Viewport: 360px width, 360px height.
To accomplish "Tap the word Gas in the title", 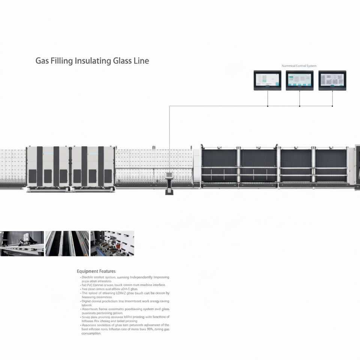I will pos(42,61).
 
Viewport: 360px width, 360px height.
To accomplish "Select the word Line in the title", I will pos(141,61).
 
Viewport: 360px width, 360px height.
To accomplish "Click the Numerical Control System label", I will pos(299,66).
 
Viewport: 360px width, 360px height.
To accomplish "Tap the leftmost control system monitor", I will pos(267,80).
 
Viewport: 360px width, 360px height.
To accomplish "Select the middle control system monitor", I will pos(299,80).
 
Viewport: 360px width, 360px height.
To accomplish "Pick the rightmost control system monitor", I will pos(332,80).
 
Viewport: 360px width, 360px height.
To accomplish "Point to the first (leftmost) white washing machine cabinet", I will pos(48,167).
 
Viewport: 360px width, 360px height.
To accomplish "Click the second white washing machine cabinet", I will pos(93,167).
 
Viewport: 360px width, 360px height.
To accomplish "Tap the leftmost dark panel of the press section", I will pos(219,165).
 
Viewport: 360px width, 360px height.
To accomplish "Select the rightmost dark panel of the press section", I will pos(331,165).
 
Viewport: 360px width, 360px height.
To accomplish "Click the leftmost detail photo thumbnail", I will pos(22,243).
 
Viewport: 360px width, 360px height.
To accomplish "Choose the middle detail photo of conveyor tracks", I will pos(67,243).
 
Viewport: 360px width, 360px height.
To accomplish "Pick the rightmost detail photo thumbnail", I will pos(112,243).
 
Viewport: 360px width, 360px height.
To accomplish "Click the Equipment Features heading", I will pos(96,271).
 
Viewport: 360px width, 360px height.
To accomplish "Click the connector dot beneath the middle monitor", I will pos(299,106).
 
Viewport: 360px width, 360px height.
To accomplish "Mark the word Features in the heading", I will pos(107,271).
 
